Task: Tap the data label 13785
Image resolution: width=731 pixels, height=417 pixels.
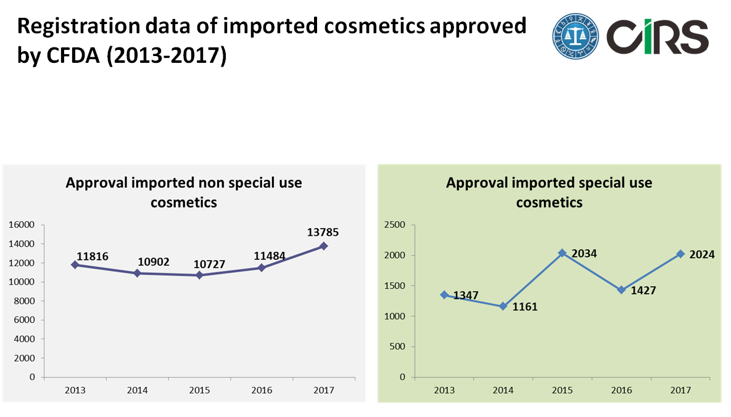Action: click(x=323, y=232)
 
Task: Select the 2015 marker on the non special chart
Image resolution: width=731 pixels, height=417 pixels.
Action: click(x=199, y=275)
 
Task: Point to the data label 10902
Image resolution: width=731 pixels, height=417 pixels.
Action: click(x=152, y=261)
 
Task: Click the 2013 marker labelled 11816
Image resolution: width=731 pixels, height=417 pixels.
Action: click(x=75, y=265)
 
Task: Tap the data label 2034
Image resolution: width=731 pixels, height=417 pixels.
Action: click(x=584, y=253)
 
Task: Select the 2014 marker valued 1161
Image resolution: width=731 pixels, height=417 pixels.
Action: click(x=503, y=306)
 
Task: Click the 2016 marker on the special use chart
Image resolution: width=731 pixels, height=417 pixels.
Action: click(x=621, y=290)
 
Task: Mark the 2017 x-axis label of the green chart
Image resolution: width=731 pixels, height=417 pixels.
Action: click(x=680, y=391)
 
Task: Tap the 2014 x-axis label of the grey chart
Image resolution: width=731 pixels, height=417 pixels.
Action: click(x=137, y=391)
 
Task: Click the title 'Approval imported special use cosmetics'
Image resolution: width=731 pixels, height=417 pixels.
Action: click(x=549, y=192)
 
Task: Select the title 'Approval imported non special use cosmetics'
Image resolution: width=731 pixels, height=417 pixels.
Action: click(x=184, y=192)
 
